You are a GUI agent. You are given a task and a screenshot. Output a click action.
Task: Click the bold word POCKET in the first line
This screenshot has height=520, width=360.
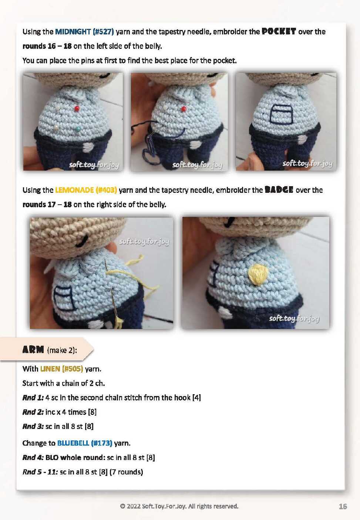click(x=279, y=31)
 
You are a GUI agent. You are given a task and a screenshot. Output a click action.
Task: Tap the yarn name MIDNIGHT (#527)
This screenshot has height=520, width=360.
click(x=84, y=31)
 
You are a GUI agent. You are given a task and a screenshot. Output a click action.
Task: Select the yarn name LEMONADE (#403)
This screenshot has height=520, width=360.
click(x=86, y=190)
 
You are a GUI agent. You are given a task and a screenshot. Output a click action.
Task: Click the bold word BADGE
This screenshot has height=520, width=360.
click(x=279, y=190)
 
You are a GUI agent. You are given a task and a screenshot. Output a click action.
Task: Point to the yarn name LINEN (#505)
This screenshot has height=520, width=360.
click(x=61, y=369)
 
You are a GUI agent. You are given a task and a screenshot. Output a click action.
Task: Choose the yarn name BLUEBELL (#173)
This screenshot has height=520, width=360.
click(x=85, y=443)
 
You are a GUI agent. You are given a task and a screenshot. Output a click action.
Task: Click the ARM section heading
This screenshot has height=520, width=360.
click(x=33, y=349)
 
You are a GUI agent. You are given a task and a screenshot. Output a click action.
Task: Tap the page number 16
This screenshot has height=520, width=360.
click(x=343, y=506)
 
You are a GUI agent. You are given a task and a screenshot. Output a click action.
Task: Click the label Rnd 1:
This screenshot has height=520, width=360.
click(x=33, y=397)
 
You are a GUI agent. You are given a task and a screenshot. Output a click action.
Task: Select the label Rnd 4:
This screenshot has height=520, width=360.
click(x=33, y=457)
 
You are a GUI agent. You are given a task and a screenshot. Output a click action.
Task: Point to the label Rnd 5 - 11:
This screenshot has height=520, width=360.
click(x=40, y=472)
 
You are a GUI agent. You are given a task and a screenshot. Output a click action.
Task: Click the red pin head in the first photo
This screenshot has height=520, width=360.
click(x=77, y=108)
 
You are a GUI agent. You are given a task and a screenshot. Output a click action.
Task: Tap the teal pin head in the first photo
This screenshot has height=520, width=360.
click(x=78, y=128)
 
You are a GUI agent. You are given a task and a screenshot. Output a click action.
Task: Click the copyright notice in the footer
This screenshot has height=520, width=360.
click(x=179, y=506)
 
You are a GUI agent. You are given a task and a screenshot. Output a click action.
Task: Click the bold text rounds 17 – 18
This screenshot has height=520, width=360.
click(x=47, y=205)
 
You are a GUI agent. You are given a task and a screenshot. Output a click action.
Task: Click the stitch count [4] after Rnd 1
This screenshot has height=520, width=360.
click(x=197, y=397)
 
